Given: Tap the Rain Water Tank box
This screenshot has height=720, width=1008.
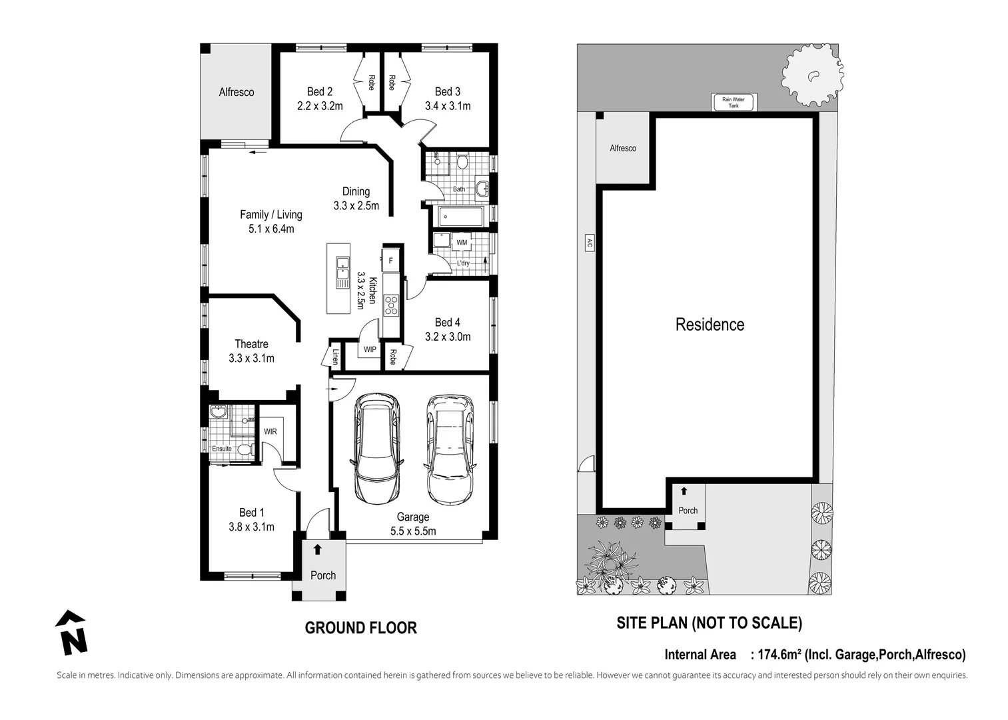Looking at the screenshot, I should click(733, 103).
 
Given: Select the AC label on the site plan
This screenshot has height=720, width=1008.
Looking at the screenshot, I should click(589, 243).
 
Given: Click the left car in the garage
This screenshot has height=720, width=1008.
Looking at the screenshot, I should click(377, 449).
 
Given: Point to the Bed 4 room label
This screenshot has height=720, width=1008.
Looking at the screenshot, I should click(448, 323).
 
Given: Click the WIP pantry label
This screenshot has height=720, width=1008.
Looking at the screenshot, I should click(370, 349).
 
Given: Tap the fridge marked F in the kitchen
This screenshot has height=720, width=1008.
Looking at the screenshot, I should click(391, 261).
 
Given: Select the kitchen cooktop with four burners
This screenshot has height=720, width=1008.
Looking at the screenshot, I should click(391, 305).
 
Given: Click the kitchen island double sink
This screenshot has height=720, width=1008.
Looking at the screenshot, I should click(342, 272).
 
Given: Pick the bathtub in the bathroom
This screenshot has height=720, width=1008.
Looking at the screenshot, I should click(460, 217).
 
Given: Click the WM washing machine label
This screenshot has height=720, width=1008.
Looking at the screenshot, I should click(462, 242).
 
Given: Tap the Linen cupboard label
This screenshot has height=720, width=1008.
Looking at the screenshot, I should click(335, 357).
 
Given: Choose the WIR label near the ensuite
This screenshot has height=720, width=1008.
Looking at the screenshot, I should click(270, 431).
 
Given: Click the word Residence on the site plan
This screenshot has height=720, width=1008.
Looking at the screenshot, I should click(710, 325).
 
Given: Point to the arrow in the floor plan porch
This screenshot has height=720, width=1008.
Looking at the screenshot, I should click(318, 549).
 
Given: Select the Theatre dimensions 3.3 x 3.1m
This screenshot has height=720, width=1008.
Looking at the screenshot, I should click(251, 359).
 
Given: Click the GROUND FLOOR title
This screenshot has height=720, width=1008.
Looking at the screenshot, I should click(360, 628).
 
